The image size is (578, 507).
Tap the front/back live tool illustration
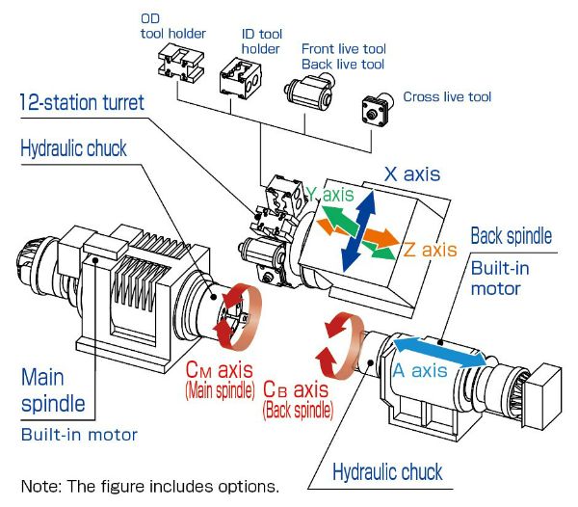pyautogui.click(x=306, y=93)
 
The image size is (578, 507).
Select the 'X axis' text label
pyautogui.click(x=411, y=174)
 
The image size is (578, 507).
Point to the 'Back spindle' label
pyautogui.click(x=512, y=236)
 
